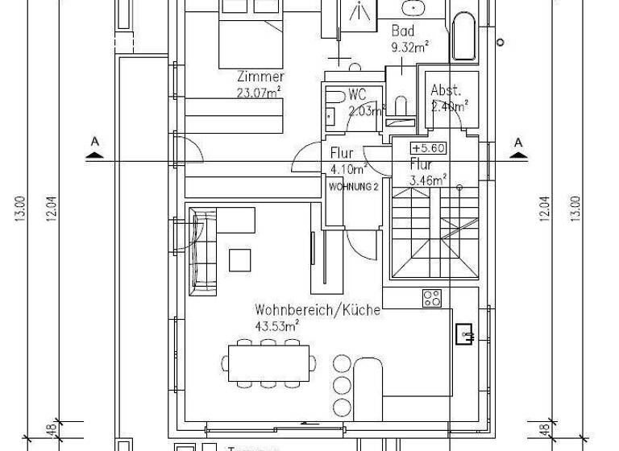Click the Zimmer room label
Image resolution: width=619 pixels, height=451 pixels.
click(x=260, y=77)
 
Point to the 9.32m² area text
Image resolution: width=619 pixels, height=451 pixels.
click(x=408, y=47)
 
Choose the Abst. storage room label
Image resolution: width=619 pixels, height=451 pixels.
click(x=445, y=89)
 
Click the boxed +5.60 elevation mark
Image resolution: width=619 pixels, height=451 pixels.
click(x=428, y=148)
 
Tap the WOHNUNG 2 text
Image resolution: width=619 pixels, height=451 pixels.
click(x=354, y=186)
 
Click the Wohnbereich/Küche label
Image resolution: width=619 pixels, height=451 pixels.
click(x=317, y=310)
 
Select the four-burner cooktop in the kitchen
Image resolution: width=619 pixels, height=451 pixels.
click(x=432, y=297)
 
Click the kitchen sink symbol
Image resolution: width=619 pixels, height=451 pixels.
click(x=464, y=332)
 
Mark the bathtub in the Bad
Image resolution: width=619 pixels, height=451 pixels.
click(x=465, y=36)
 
